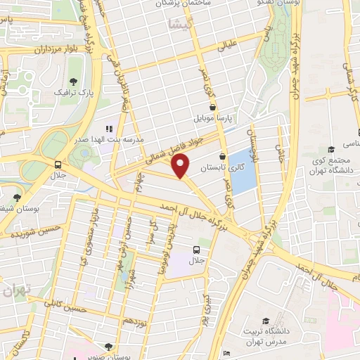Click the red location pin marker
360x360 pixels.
click(181, 166)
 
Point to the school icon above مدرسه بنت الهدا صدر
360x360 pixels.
click(108, 129)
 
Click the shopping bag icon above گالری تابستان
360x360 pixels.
click(223, 157)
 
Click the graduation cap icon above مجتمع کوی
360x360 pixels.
click(331, 149)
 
